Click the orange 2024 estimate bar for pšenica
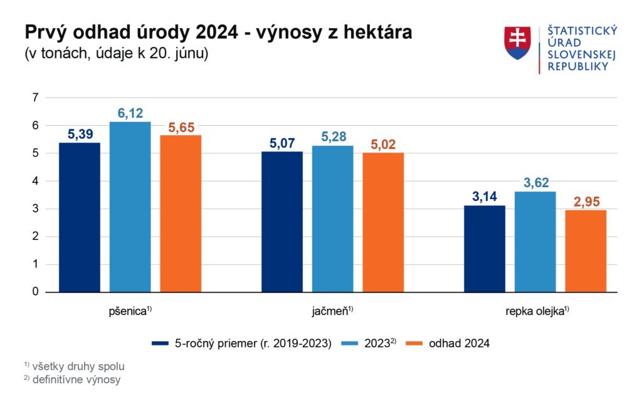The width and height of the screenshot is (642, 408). [181, 214]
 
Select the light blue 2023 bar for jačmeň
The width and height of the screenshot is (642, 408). [332, 219]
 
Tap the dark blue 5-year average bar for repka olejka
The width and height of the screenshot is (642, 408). [484, 249]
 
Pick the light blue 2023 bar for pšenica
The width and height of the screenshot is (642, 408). [130, 207]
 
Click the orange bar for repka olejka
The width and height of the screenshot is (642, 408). [586, 252]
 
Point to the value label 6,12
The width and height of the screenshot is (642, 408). [130, 113]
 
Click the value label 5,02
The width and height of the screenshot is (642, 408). [383, 145]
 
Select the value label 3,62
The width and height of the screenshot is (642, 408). [535, 183]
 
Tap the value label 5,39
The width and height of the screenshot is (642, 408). [80, 135]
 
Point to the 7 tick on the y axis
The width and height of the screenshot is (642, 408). [36, 98]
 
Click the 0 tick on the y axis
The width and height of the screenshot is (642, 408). [36, 292]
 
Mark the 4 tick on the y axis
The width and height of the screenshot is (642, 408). [36, 181]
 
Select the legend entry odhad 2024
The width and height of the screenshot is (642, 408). [458, 343]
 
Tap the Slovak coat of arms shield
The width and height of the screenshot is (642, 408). [517, 43]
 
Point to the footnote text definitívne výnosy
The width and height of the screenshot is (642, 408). [76, 379]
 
